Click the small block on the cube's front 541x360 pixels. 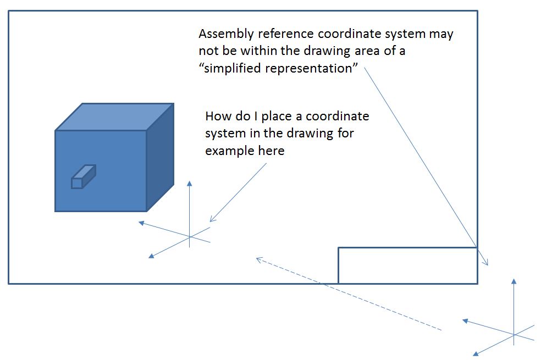pyautogui.click(x=83, y=176)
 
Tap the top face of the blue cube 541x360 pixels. pyautogui.click(x=114, y=117)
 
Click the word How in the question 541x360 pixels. pyautogui.click(x=217, y=117)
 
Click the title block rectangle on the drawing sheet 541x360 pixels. pyautogui.click(x=407, y=265)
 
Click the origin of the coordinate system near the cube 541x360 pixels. pyautogui.click(x=190, y=237)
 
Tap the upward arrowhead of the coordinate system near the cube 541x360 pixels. pyautogui.click(x=190, y=184)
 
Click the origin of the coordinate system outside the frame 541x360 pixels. pyautogui.click(x=514, y=335)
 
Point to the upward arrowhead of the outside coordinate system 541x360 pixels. pyautogui.click(x=514, y=281)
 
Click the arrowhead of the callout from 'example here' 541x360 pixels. pyautogui.click(x=212, y=220)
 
